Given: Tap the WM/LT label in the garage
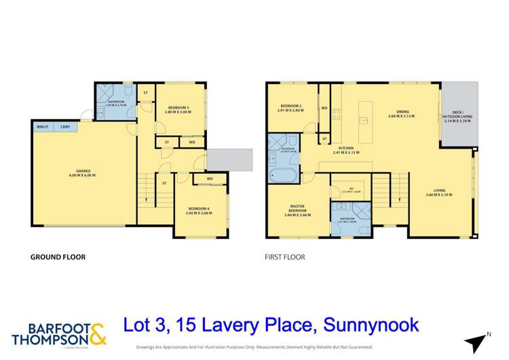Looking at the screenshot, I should pyautogui.click(x=42, y=127).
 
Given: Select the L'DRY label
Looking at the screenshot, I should pyautogui.click(x=65, y=127).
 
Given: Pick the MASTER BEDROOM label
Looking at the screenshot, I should pyautogui.click(x=297, y=209).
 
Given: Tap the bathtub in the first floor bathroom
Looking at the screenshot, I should pyautogui.click(x=279, y=176).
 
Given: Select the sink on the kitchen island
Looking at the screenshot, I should pyautogui.click(x=364, y=120).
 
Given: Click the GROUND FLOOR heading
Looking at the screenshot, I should pyautogui.click(x=58, y=257).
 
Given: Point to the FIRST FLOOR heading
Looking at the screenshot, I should pyautogui.click(x=284, y=257).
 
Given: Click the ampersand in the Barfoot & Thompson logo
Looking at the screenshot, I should pyautogui.click(x=97, y=332).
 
